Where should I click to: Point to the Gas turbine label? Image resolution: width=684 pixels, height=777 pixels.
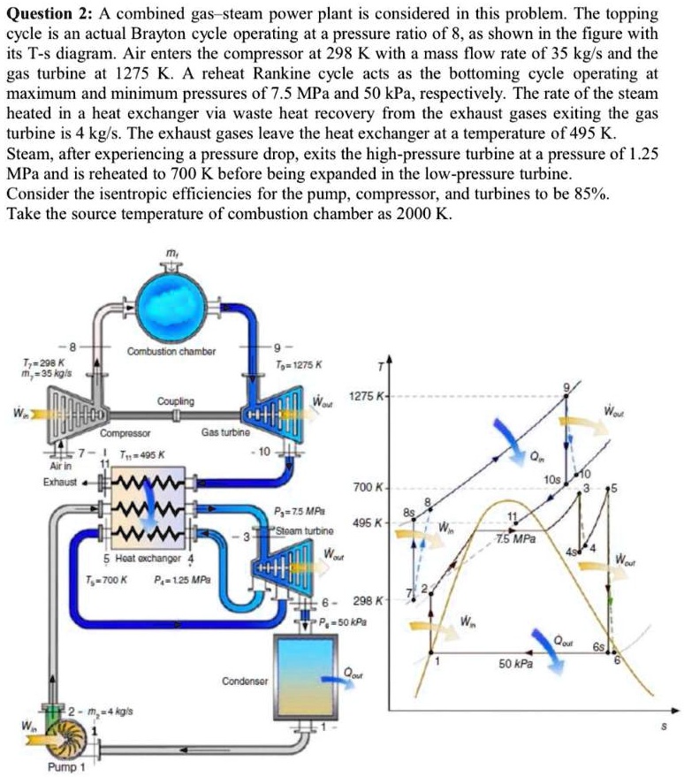tap(224, 433)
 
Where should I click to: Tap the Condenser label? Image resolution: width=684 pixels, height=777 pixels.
tap(240, 680)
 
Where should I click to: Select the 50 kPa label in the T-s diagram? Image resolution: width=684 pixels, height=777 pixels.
tap(515, 662)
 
